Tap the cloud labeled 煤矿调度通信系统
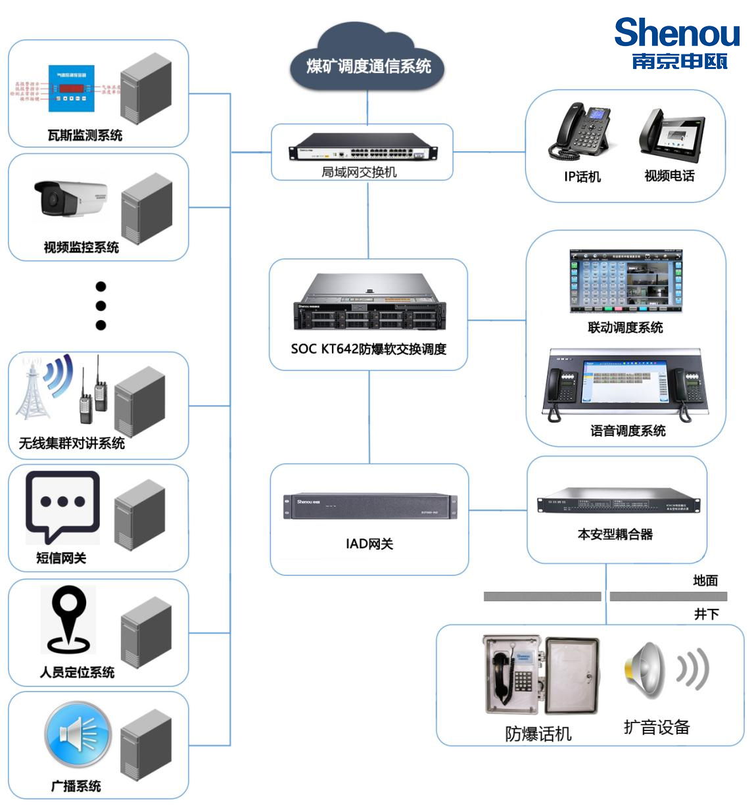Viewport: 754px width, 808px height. (x=367, y=64)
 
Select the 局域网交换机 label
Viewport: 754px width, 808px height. (x=359, y=172)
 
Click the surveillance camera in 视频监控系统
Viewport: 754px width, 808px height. (x=70, y=197)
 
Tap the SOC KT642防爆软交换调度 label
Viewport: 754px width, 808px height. (x=368, y=349)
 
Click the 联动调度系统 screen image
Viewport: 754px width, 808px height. (x=625, y=281)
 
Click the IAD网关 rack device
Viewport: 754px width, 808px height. (x=369, y=506)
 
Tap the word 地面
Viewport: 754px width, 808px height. (x=705, y=581)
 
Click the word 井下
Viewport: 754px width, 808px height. (x=706, y=613)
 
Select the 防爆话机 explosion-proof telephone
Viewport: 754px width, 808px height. (x=540, y=675)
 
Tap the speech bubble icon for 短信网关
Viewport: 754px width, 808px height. (x=62, y=505)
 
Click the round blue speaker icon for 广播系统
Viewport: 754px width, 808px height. (x=78, y=734)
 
